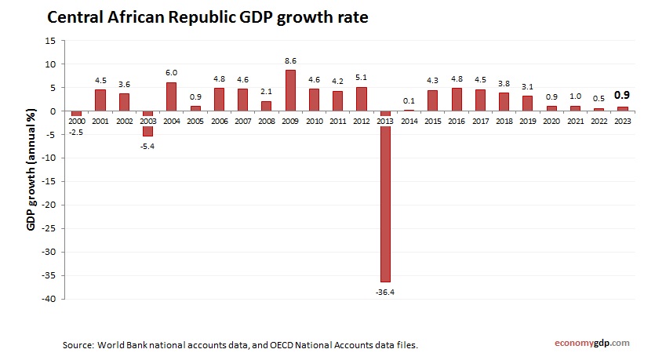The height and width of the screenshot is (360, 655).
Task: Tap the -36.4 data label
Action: click(x=386, y=292)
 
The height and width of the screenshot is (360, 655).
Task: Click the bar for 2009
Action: click(x=290, y=91)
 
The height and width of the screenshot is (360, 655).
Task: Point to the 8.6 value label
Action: click(x=290, y=60)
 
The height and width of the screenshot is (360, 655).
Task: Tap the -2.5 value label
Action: click(x=77, y=132)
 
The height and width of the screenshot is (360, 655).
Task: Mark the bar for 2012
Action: click(x=362, y=99)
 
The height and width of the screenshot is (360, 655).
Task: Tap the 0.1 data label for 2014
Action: click(x=409, y=100)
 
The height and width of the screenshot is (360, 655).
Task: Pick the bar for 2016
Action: click(x=457, y=100)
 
